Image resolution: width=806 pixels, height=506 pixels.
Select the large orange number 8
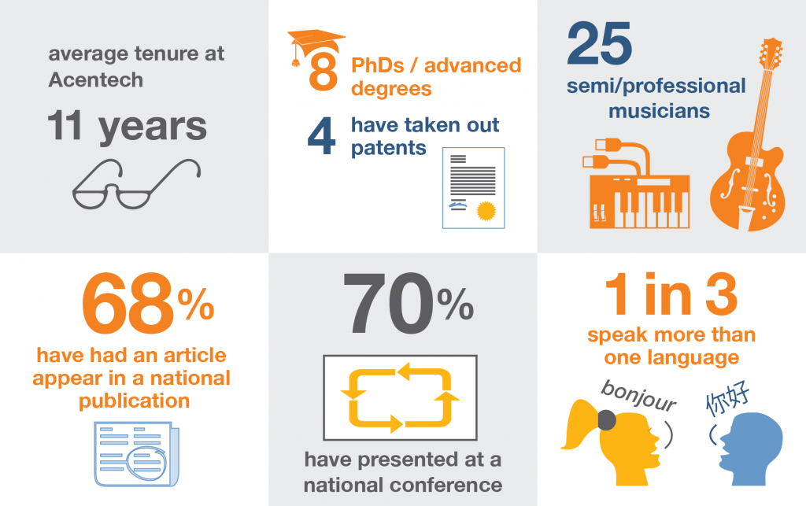pos(324,72)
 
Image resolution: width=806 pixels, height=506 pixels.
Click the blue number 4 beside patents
pos(321,136)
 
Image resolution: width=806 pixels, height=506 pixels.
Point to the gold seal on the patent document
pos(486,211)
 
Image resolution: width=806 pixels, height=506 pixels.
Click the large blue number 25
pos(599,43)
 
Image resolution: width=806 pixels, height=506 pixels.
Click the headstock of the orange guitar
pos(771,54)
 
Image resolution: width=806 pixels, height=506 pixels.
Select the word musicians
pos(659,111)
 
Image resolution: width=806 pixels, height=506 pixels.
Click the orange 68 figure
pos(128,303)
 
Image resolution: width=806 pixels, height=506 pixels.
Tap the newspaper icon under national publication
pos(137,453)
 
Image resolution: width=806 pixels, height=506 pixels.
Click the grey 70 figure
pos(389,303)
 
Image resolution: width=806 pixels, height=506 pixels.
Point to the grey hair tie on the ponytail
pos(607,420)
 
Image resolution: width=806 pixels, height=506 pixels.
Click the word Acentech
pos(95,80)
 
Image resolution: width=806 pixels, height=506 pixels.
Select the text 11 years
pos(127,127)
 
